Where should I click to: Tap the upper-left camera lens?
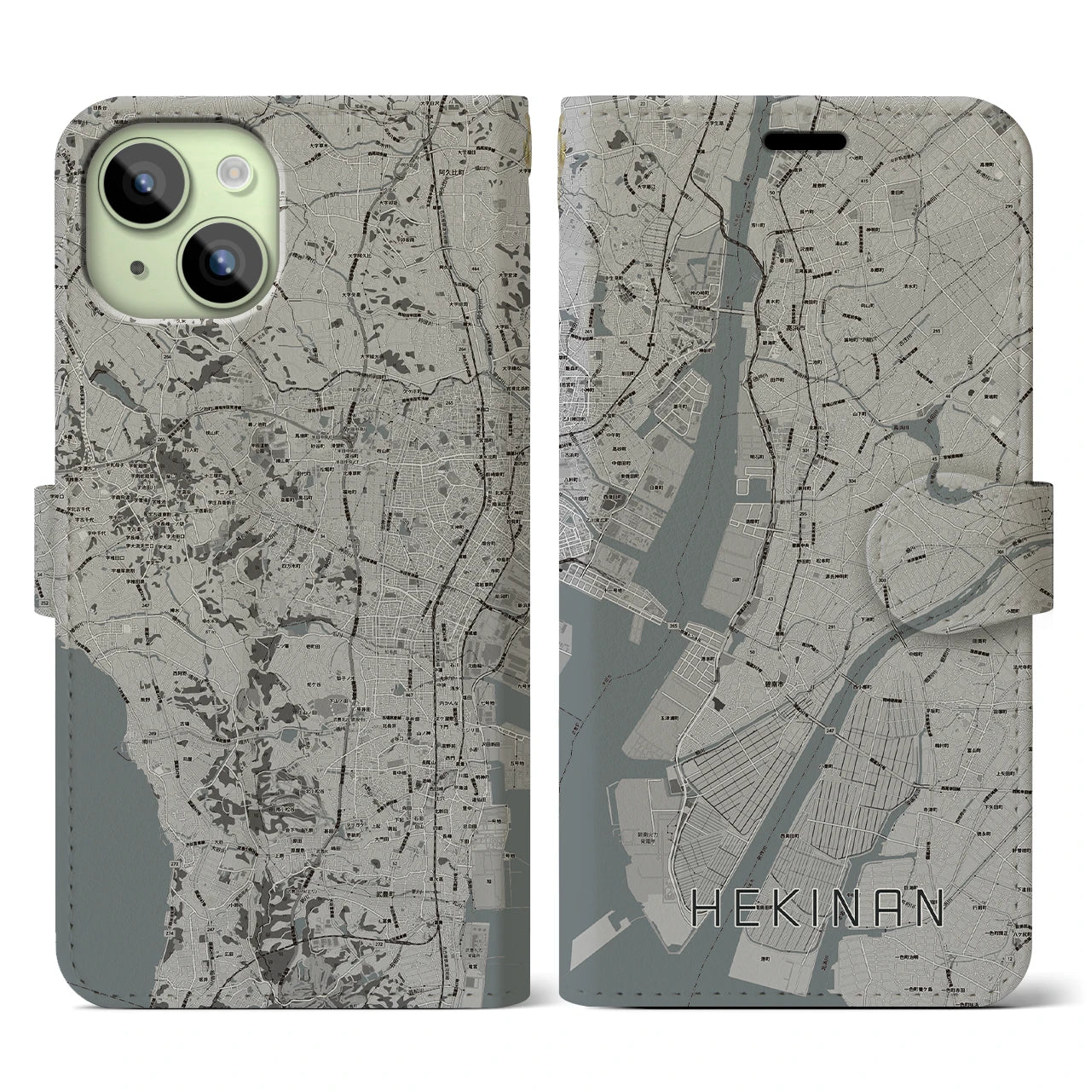[140, 182]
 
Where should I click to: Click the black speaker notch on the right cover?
[803, 140]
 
